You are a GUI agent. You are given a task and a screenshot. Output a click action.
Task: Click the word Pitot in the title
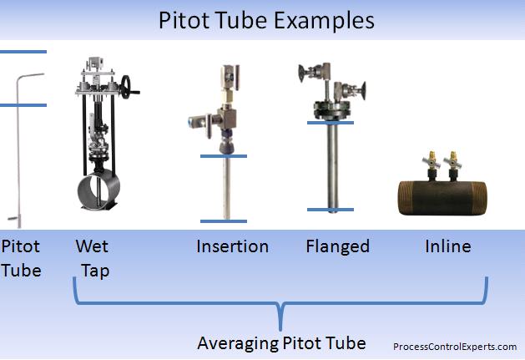183,19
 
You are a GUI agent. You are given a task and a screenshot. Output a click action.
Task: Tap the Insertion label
232,246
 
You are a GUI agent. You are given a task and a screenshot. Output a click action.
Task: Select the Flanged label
337,246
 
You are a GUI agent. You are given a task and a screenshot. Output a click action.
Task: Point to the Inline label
447,246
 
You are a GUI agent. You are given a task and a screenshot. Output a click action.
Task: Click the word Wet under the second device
92,246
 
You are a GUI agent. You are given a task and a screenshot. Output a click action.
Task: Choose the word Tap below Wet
95,271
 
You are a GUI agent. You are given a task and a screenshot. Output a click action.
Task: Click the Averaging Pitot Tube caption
280,342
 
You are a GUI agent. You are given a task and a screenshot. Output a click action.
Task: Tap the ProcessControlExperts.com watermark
455,346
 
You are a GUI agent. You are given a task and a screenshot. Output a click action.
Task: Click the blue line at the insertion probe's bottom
224,221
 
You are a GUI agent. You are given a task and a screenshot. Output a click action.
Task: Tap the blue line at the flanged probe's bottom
330,210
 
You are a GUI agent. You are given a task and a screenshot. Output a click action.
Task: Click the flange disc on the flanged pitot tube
330,109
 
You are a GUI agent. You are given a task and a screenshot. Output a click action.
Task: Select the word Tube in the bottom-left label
21,271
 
